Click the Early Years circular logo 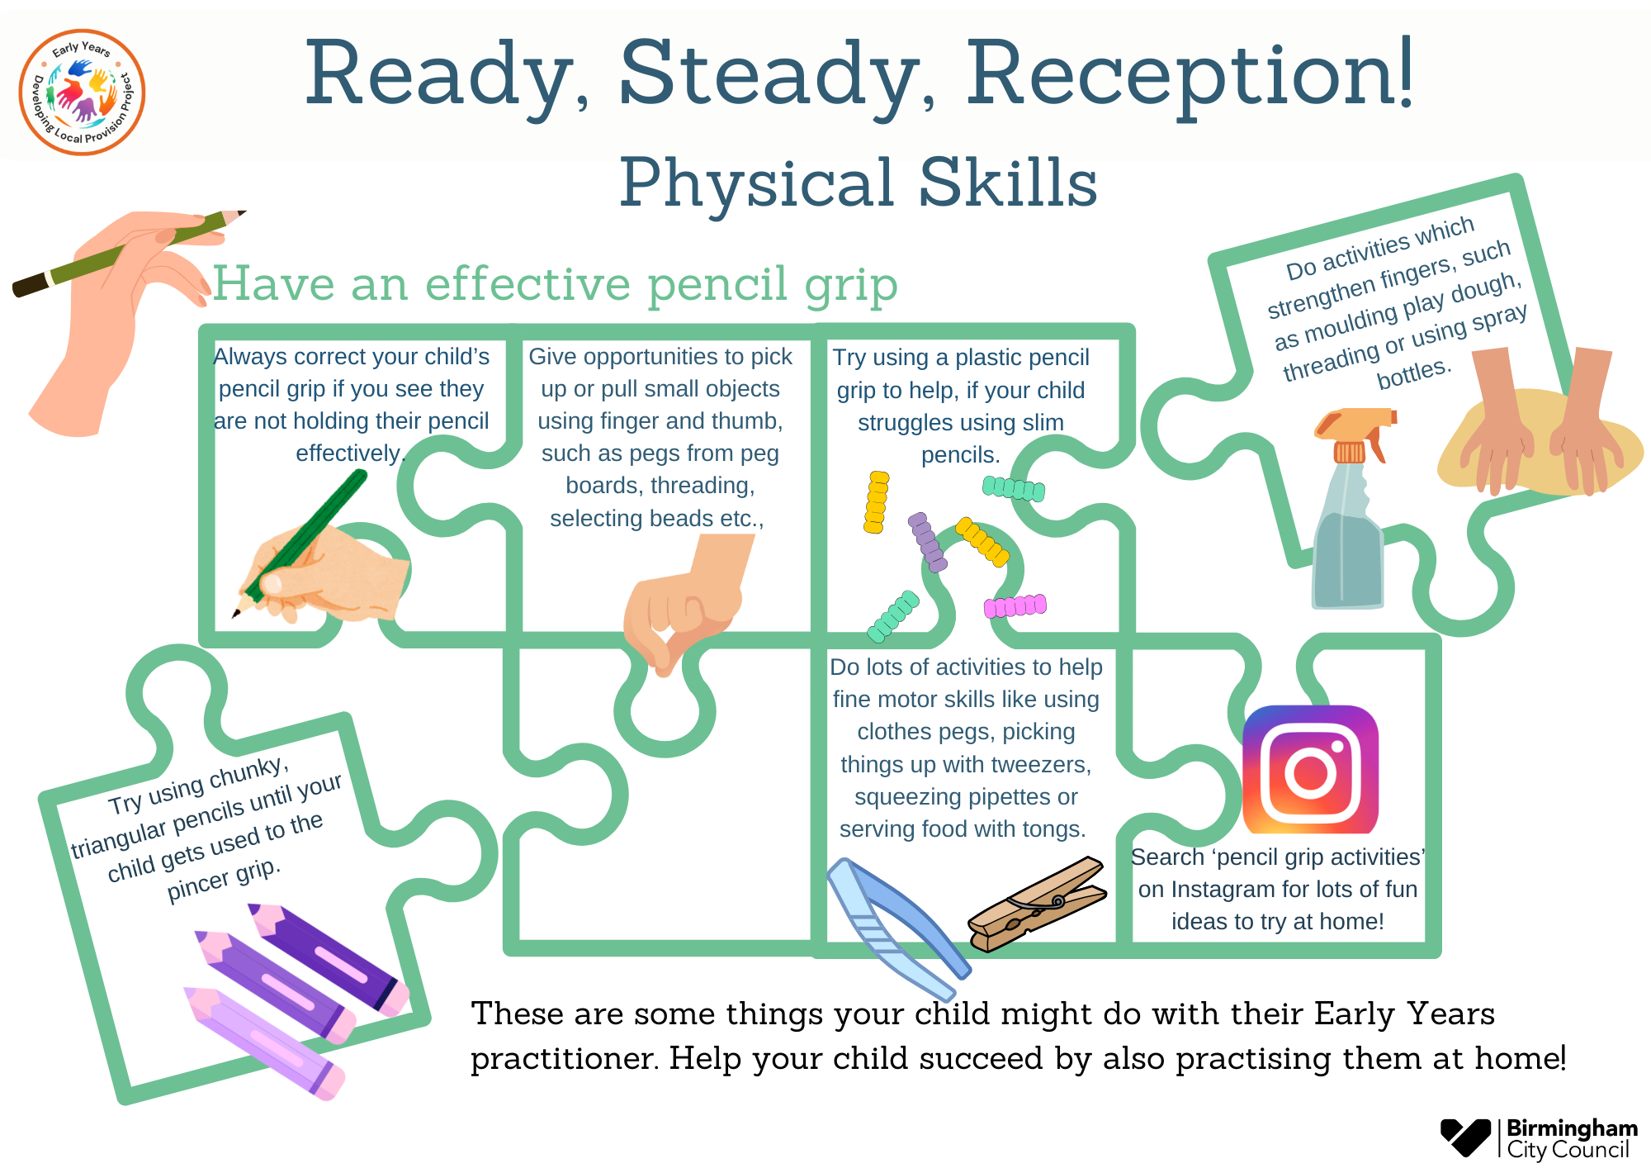pyautogui.click(x=82, y=92)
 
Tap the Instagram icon pyautogui.click(x=1310, y=769)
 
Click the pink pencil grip pyautogui.click(x=1015, y=606)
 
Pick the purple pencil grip pyautogui.click(x=928, y=543)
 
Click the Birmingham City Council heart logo pyautogui.click(x=1465, y=1137)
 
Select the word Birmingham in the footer pyautogui.click(x=1572, y=1128)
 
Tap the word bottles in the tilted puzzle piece pyautogui.click(x=1412, y=373)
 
